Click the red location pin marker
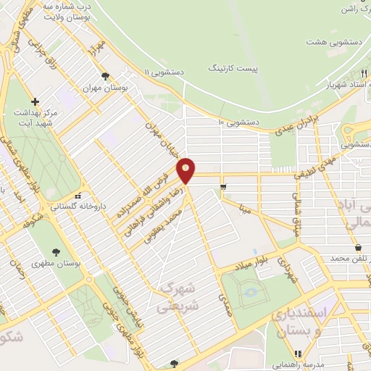pyautogui.click(x=186, y=170)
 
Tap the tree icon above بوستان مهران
pyautogui.click(x=106, y=76)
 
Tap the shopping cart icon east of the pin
pyautogui.click(x=223, y=186)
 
